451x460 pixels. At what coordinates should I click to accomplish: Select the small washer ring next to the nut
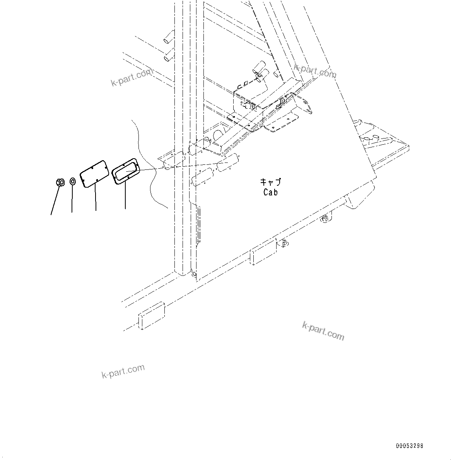(x=73, y=181)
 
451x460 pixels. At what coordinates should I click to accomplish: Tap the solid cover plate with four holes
(x=94, y=174)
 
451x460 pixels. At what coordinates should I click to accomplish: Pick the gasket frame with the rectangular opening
(x=125, y=170)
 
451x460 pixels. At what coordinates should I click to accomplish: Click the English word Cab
(x=270, y=192)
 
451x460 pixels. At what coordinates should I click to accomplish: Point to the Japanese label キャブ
(x=270, y=182)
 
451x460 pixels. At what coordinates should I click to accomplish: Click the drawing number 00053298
(x=409, y=446)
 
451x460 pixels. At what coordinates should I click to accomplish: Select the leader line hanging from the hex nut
(x=55, y=199)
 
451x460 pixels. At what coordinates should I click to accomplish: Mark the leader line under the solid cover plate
(x=96, y=198)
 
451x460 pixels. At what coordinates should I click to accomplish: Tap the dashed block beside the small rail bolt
(x=263, y=251)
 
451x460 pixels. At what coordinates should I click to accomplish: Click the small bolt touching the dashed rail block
(x=284, y=243)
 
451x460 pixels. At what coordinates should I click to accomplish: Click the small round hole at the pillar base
(x=194, y=275)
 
